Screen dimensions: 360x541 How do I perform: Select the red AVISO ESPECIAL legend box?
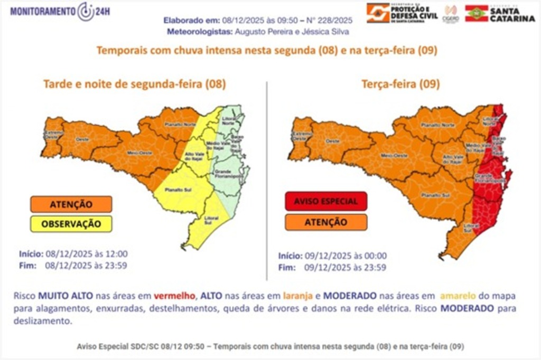coord(325,201)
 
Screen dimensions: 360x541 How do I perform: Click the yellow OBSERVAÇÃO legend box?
coord(71,223)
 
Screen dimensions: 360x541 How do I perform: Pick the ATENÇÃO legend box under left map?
coord(71,204)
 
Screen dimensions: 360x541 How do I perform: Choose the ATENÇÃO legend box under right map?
coord(325,222)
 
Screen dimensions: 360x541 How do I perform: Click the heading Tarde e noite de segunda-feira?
coord(134,84)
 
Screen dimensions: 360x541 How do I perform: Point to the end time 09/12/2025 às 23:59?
coord(345,268)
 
